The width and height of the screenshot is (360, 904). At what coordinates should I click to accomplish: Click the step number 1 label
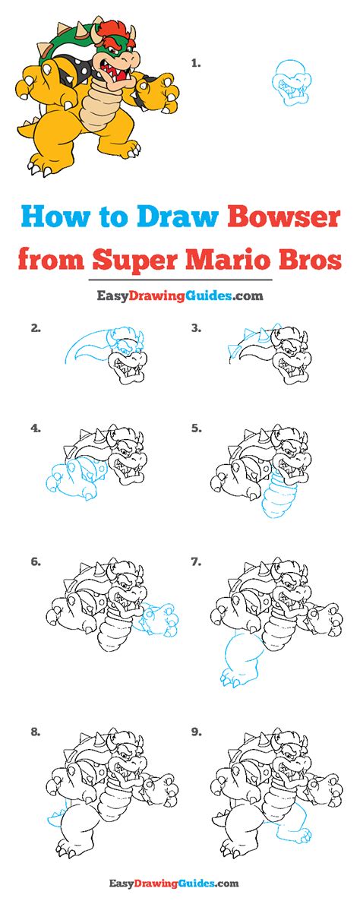coord(195,64)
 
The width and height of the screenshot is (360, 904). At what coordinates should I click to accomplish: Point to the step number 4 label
coord(35,428)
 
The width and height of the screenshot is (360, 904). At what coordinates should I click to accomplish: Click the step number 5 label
coord(195,428)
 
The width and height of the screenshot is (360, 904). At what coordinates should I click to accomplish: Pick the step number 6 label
coord(35,562)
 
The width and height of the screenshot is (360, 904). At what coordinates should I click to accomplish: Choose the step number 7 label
coord(195,562)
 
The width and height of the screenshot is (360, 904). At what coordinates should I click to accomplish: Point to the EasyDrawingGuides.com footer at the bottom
coord(180,883)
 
